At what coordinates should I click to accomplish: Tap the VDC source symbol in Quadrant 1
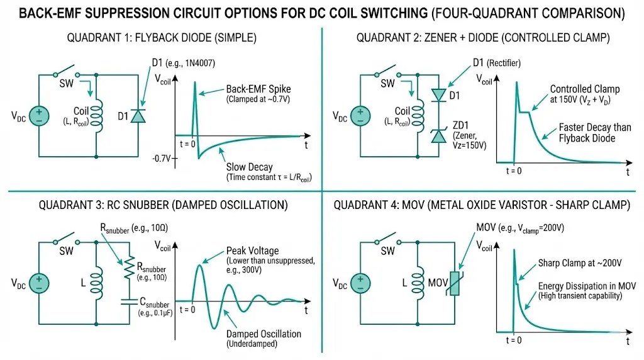pos(38,116)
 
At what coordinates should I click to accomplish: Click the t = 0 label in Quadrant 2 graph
pos(514,170)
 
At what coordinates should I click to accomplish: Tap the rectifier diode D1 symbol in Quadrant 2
pos(438,94)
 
